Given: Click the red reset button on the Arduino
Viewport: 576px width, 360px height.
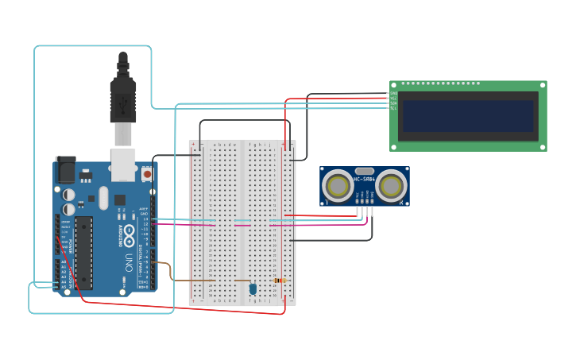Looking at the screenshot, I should coord(147,172).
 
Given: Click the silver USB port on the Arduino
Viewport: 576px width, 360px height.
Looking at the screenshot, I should coord(122,163).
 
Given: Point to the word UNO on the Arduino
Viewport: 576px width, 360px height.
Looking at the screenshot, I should coord(129,263).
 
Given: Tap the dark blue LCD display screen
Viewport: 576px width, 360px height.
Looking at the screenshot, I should coord(468,116).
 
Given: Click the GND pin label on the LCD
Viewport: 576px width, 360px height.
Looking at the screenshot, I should coord(393,94).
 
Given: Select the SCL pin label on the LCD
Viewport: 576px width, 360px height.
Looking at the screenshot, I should coord(393,108).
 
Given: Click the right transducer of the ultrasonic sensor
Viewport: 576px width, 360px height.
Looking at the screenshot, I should coord(391,187).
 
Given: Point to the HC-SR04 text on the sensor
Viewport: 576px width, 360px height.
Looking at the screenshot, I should coord(364,179).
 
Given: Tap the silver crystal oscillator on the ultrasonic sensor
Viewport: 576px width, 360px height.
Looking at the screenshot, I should coord(365,171).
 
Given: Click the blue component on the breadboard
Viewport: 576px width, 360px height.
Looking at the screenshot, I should coord(253,289).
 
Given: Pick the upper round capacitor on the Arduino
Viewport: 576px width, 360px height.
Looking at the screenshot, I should coord(70,194).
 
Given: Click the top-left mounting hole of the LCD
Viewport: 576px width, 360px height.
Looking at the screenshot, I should coord(393,84).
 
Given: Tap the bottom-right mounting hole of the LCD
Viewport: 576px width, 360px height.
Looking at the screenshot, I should coord(543,146).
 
